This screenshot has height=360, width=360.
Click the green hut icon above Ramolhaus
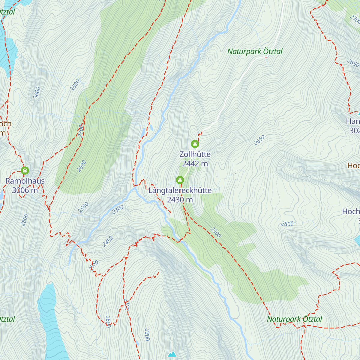pos(25,171)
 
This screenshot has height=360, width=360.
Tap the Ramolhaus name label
pos(25,181)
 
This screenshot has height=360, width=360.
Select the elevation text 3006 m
pos(25,190)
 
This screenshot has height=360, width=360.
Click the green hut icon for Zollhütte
pos(195,144)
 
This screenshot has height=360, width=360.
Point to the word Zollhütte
pos(195,154)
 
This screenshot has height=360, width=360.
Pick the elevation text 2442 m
pos(195,163)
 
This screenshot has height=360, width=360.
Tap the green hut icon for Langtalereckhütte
pos(180,180)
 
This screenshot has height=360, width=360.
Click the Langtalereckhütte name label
pos(180,190)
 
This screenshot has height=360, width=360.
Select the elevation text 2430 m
pos(180,200)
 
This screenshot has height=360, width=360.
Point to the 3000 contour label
pos(37,92)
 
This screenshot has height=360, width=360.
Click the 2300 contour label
pos(118,209)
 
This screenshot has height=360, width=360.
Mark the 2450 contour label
pos(108,241)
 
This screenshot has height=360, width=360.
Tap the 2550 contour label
pos(94,265)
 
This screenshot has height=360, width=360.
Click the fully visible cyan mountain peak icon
pos(172,354)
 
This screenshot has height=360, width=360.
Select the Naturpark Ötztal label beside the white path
pos(255,52)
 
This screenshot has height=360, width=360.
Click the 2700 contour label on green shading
pos(81,131)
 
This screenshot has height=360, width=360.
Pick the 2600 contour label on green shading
pos(82,166)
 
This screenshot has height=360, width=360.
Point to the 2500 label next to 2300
pos(83,207)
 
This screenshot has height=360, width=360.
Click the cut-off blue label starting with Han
pos(353,121)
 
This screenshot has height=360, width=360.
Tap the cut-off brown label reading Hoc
pos(353,165)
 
